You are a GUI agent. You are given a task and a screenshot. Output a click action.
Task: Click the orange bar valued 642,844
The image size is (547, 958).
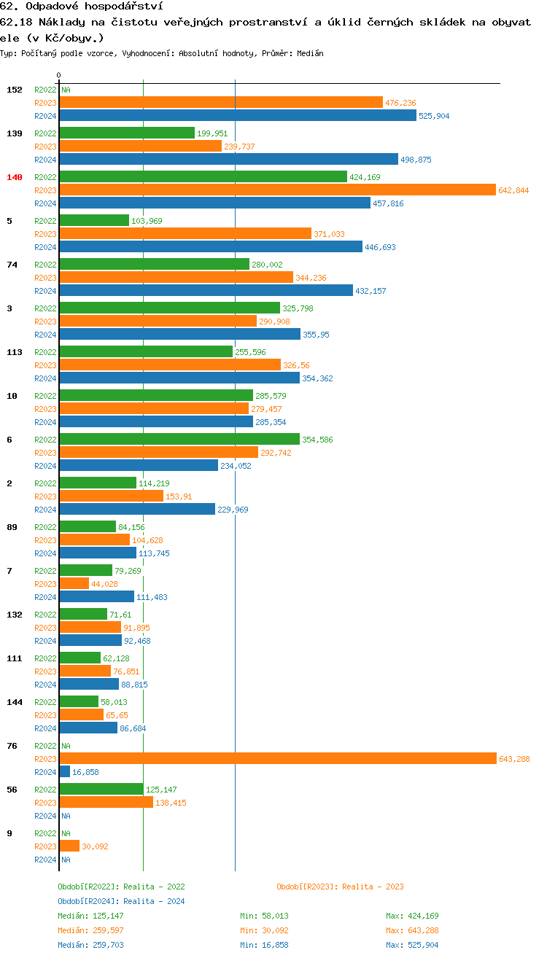pyautogui.click(x=277, y=190)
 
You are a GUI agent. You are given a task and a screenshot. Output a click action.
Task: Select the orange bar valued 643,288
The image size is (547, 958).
pyautogui.click(x=277, y=758)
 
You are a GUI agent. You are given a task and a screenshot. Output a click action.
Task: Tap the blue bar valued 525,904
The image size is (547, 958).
pyautogui.click(x=238, y=115)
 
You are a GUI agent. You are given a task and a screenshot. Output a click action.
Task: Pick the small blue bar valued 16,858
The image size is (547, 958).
pyautogui.click(x=65, y=771)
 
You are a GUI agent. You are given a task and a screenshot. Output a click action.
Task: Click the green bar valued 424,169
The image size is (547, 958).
pyautogui.click(x=203, y=176)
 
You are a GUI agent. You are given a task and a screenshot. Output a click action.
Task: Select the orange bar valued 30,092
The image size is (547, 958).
pyautogui.click(x=69, y=846)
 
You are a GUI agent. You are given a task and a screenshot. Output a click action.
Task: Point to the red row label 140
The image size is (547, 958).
pyautogui.click(x=15, y=177)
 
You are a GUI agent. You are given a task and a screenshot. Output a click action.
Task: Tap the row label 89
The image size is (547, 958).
pyautogui.click(x=12, y=527)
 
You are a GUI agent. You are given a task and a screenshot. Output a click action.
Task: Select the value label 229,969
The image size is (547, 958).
pyautogui.click(x=233, y=510)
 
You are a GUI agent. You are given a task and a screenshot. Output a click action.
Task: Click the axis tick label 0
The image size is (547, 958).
pyautogui.click(x=59, y=75)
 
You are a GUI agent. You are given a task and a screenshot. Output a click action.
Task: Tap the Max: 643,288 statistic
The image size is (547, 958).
pyautogui.click(x=412, y=930)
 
